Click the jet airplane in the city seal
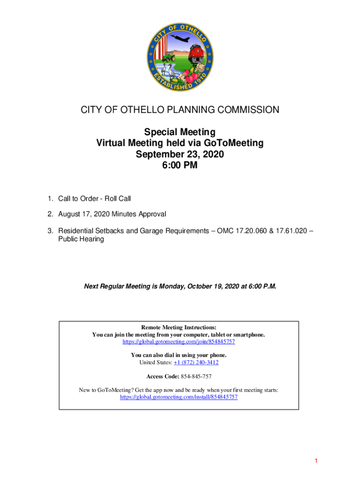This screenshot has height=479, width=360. (180, 39)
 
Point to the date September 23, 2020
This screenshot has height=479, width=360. (180, 154)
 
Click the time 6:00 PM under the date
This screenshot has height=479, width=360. (180, 165)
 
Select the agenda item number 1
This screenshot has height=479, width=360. (49, 199)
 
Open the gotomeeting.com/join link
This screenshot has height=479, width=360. (179, 342)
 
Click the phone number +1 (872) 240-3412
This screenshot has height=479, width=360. (196, 363)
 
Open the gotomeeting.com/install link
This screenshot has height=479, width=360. (179, 397)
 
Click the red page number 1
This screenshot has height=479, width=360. (317, 461)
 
